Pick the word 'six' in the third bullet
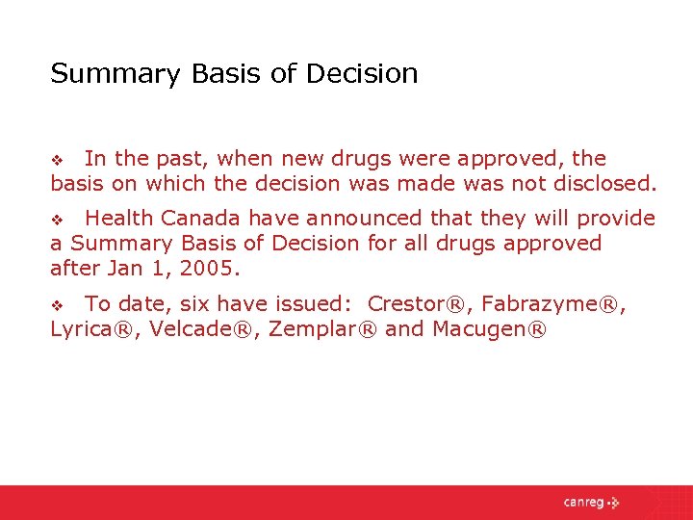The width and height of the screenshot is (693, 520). (194, 304)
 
